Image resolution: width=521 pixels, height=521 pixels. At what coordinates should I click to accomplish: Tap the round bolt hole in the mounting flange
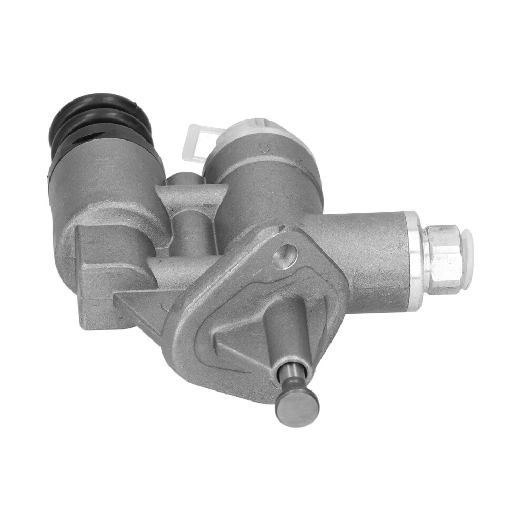[x=285, y=256]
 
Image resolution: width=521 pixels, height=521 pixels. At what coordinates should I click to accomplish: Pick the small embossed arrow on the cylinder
[x=263, y=146]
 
